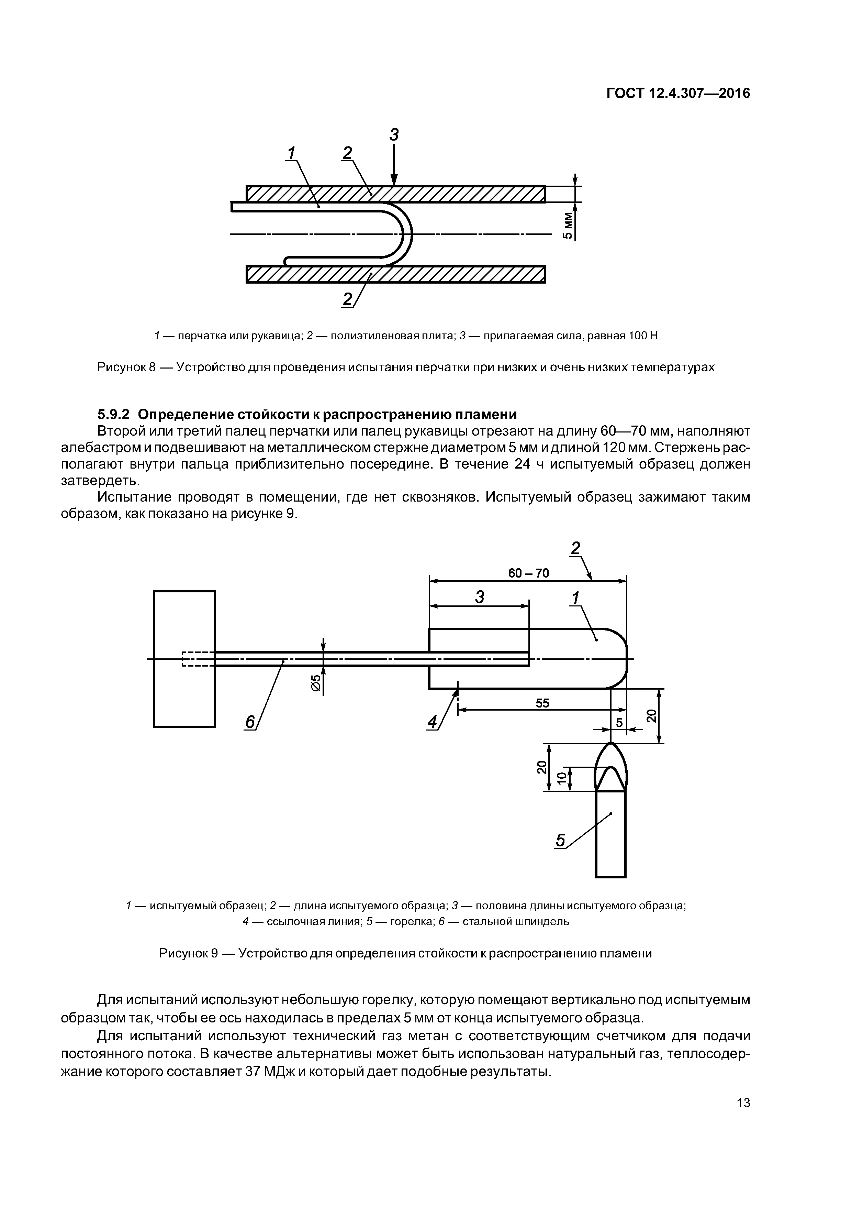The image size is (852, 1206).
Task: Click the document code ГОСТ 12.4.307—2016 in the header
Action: click(x=678, y=94)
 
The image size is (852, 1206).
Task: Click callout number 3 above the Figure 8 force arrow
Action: click(x=394, y=135)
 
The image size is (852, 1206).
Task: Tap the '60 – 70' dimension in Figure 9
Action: click(x=528, y=573)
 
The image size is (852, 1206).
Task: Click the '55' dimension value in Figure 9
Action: click(x=542, y=703)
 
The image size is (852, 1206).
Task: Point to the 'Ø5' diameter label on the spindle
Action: click(x=316, y=683)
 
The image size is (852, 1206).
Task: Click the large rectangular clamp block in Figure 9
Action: click(x=184, y=659)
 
